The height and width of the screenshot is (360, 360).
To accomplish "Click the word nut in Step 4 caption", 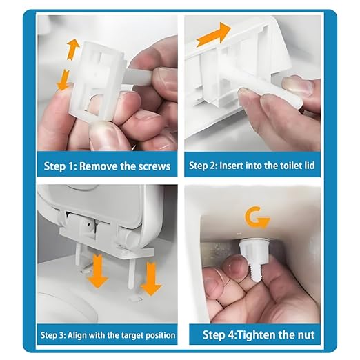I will point(303,336).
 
